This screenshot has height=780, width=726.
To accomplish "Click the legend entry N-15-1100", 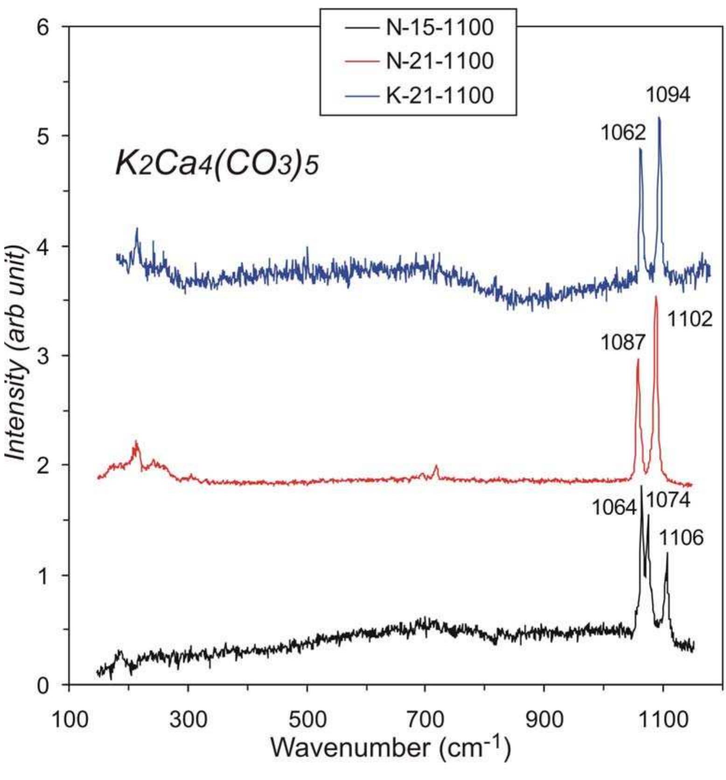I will (x=439, y=28).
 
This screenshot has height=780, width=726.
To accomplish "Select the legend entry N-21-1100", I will (x=439, y=61).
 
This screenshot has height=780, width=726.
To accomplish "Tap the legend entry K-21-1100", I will (x=439, y=96).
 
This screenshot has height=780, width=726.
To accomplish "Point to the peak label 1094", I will (x=668, y=95).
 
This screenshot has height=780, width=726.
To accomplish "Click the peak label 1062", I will (x=622, y=133).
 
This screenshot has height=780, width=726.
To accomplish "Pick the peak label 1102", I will (x=690, y=320).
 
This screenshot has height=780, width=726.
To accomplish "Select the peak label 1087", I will (x=622, y=343).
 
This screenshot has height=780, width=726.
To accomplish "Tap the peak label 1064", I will (x=614, y=507).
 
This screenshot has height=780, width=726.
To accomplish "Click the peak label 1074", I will (x=668, y=501).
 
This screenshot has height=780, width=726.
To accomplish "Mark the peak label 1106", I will (x=681, y=538).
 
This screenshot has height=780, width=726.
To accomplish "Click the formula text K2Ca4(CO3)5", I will (x=217, y=165).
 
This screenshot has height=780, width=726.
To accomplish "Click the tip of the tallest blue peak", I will (x=659, y=118).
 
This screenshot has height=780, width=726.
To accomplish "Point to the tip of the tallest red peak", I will (x=656, y=297).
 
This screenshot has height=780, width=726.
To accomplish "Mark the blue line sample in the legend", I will (x=361, y=96).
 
